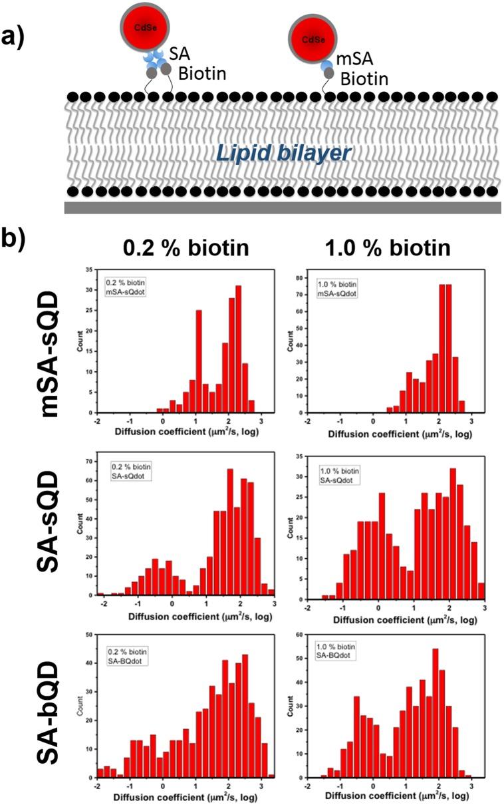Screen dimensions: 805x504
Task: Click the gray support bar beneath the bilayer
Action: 283,208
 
